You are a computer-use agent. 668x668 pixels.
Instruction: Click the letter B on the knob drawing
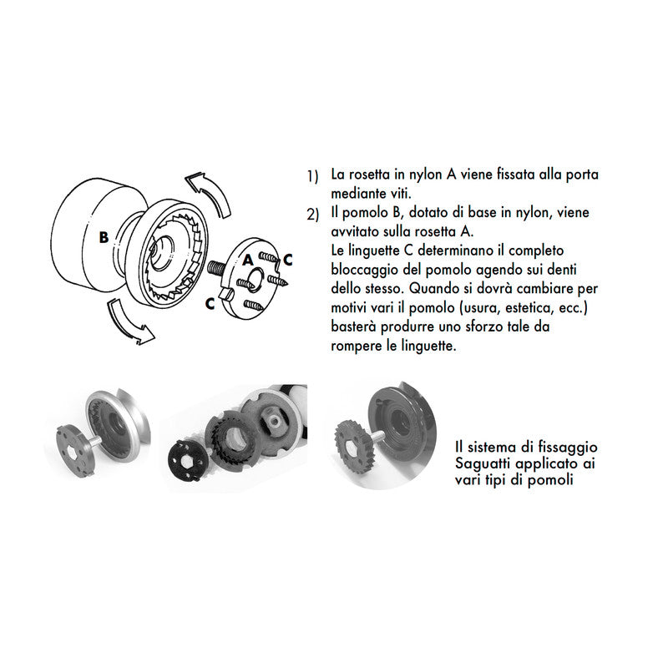tap(104, 236)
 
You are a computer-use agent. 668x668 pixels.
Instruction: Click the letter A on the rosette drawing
tap(248, 260)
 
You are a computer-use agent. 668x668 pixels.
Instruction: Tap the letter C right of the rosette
tap(288, 259)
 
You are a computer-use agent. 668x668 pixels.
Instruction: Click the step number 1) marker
tap(312, 177)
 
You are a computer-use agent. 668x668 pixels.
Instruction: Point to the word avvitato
tap(355, 231)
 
